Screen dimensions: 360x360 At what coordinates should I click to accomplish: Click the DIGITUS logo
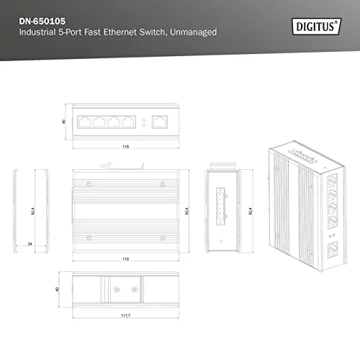(x=317, y=27)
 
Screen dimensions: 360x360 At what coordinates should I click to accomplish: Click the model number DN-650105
(x=42, y=22)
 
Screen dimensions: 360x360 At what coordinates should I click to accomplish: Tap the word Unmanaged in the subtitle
(x=193, y=32)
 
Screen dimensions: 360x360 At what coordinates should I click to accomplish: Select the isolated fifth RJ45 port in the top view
(x=160, y=122)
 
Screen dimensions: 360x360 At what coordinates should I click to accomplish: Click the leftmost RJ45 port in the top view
(x=85, y=122)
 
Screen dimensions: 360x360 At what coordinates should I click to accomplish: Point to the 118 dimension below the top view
(x=125, y=146)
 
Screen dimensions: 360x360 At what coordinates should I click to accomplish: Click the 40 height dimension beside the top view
(x=63, y=122)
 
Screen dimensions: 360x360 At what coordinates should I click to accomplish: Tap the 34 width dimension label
(x=30, y=244)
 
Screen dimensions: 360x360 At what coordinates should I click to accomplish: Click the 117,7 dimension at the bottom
(x=126, y=315)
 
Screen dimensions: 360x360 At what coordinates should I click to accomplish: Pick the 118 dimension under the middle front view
(x=125, y=259)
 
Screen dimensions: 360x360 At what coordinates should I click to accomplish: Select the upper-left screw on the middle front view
(x=89, y=184)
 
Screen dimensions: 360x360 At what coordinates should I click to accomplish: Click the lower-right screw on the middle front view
(x=163, y=238)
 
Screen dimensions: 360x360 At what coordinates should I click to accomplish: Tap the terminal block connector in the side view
(x=221, y=207)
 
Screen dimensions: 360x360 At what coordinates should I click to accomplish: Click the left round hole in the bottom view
(x=117, y=289)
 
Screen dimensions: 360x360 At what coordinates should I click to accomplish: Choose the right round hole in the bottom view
(x=135, y=289)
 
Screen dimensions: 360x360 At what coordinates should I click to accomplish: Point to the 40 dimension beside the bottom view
(x=57, y=289)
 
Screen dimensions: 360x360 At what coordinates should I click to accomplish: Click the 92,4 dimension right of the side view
(x=251, y=211)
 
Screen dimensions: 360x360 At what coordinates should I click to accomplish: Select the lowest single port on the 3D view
(x=333, y=250)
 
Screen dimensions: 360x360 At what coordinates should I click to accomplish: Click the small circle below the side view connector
(x=221, y=241)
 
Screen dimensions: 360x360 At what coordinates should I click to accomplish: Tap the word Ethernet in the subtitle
(x=120, y=32)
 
